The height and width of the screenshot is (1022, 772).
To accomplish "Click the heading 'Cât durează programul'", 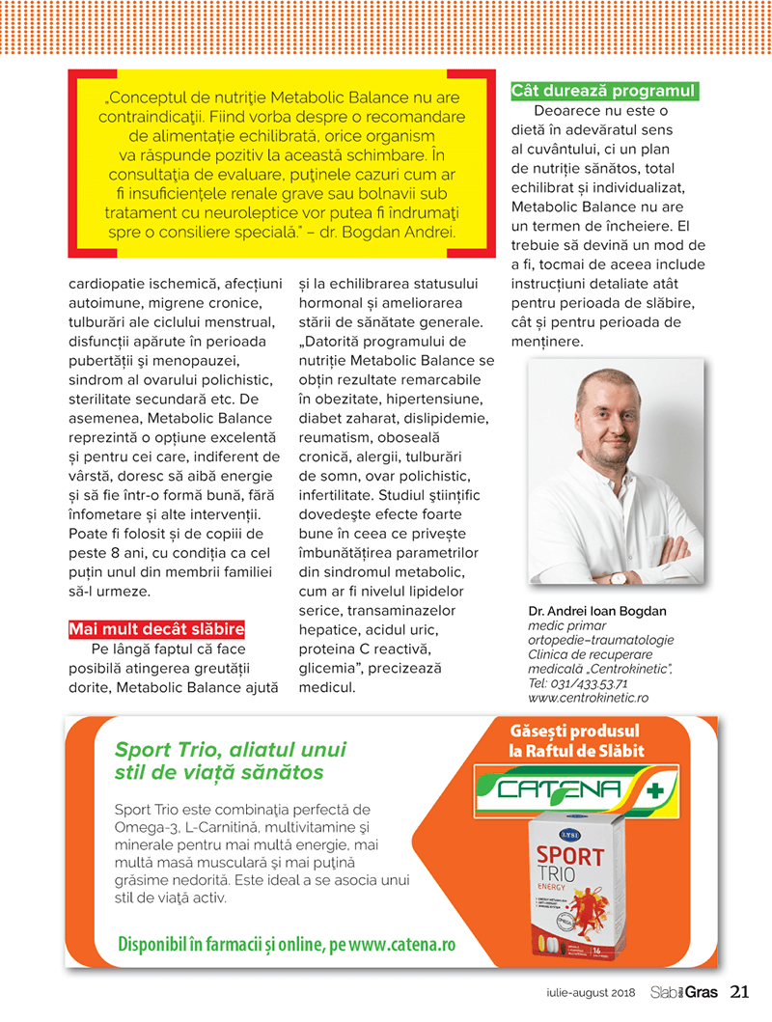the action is tap(603, 91).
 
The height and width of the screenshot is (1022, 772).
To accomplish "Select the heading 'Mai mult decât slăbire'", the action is tap(156, 629).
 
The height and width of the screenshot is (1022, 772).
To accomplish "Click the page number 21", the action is tap(740, 991).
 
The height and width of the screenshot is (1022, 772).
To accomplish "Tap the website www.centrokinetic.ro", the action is tap(588, 697).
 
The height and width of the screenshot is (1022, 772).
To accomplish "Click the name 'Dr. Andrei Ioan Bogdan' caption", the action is tap(597, 611).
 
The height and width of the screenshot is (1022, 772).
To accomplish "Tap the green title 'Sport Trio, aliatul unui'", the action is tap(230, 750).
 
